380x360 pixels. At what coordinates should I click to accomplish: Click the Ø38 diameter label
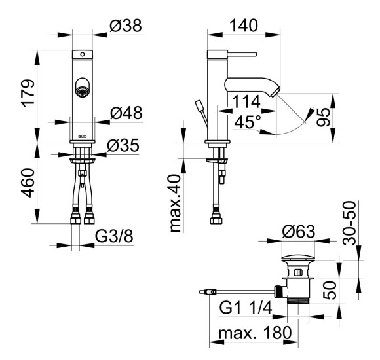point(126,26)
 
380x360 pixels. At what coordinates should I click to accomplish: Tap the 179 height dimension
point(28,93)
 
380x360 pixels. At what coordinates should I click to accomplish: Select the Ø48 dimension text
point(126,113)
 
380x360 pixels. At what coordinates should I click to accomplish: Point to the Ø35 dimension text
point(123,145)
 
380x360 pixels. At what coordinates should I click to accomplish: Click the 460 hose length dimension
point(28,183)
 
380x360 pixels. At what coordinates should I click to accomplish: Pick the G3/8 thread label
point(114,236)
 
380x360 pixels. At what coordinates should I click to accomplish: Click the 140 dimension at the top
point(244,25)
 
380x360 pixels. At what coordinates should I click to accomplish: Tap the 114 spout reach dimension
point(246,101)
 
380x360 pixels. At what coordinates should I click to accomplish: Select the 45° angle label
point(248,122)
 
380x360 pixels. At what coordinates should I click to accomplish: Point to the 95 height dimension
point(324,117)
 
